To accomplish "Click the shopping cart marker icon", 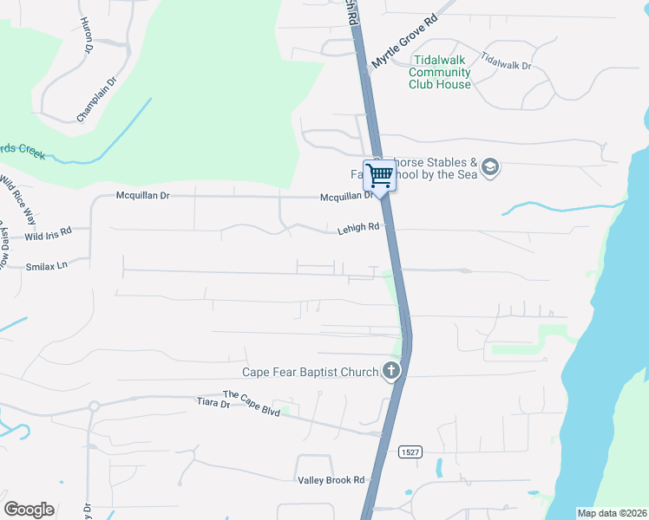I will coord(379,176).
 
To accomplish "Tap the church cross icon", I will coord(391,372).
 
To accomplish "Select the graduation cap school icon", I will coord(490,167).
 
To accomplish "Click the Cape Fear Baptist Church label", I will coord(310,373).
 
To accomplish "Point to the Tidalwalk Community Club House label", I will coord(440,72).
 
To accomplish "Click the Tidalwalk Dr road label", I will coord(506,61).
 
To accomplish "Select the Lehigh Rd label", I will coord(358,229).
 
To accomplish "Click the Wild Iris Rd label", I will coord(48,236).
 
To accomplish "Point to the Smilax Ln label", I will coord(46,266).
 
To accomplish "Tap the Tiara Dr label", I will coord(212,402).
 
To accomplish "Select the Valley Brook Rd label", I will coord(331,480).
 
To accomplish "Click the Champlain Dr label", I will coord(96,100).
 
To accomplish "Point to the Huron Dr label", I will coord(86,36).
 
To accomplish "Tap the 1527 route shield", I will coord(410,452).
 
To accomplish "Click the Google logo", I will coord(29,510).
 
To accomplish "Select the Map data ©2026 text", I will coord(612,513).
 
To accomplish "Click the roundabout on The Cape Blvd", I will coord(95,406).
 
